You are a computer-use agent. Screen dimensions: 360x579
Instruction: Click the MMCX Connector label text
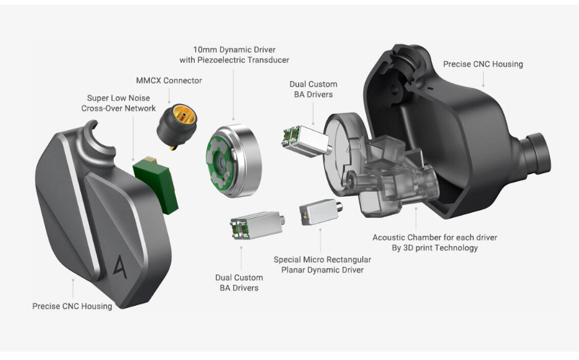tap(169, 80)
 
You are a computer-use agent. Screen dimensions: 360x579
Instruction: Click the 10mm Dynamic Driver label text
tap(234, 50)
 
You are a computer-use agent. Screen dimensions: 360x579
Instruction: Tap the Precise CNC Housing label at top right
tap(482, 64)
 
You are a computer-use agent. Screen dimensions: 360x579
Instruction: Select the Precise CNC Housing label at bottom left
tap(72, 306)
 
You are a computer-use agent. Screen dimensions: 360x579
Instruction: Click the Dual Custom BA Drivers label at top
tap(313, 89)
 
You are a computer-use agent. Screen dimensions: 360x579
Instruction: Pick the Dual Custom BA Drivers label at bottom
tap(239, 283)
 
